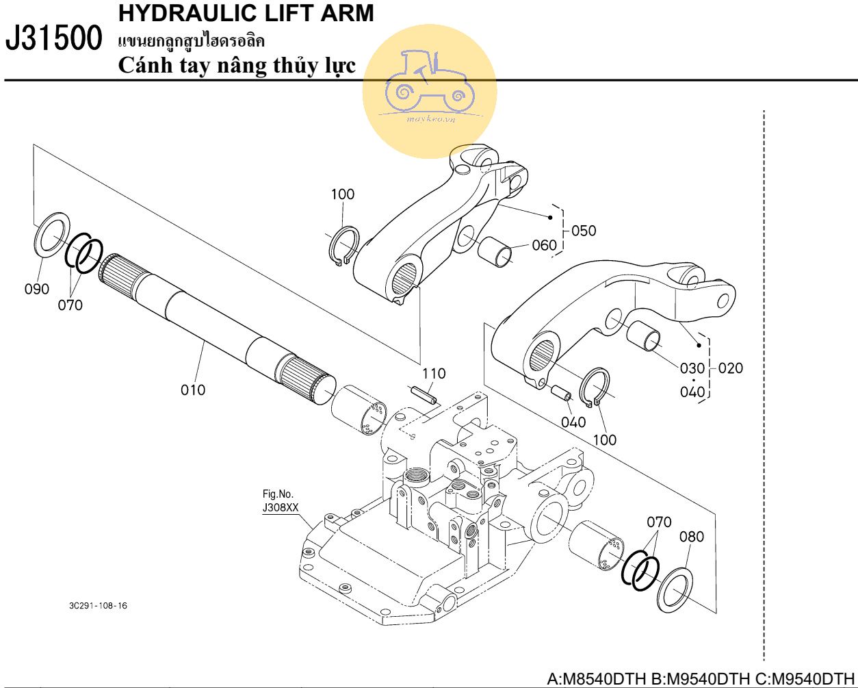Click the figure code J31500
click(55, 40)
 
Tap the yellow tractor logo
click(429, 90)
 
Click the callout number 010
click(193, 390)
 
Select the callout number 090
click(37, 289)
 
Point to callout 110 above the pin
click(434, 374)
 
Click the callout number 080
click(691, 537)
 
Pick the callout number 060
click(544, 245)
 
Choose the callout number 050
click(584, 231)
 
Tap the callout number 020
click(731, 368)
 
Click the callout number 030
click(692, 368)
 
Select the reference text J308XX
click(281, 508)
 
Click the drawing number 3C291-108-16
click(98, 606)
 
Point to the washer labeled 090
click(52, 233)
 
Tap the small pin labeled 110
click(423, 395)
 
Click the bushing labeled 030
click(645, 335)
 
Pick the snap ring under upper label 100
click(343, 246)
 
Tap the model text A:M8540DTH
click(597, 679)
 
